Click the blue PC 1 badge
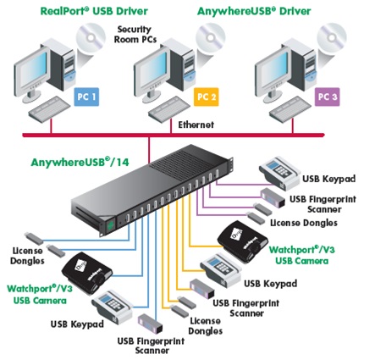pos(86,97)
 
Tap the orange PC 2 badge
pos(207,97)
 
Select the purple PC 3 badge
pos(327,97)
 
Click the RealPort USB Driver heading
pos(94,11)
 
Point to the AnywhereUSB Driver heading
pos(254,11)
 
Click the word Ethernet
pos(196,125)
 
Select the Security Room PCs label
pos(135,35)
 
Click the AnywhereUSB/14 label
pos(80,162)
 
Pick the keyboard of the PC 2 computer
pos(169,108)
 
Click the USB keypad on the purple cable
pos(279,173)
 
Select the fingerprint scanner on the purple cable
pos(273,198)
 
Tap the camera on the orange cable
pos(242,241)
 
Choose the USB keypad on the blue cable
pos(112,307)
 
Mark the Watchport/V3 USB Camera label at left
pos(40,294)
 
